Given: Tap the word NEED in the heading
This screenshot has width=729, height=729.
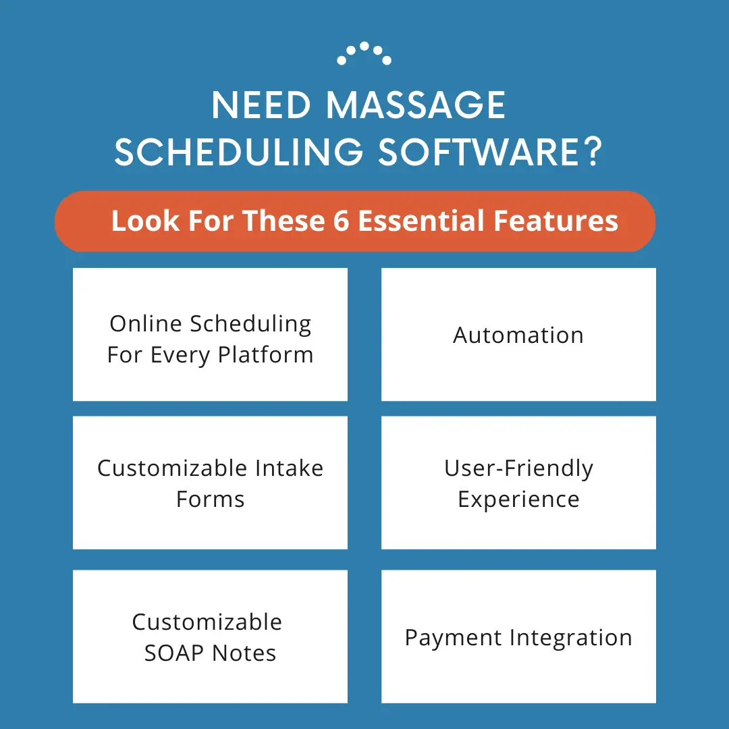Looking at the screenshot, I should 262,106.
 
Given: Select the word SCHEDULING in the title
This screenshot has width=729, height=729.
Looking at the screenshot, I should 240,153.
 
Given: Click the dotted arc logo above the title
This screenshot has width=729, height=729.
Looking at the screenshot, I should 364,54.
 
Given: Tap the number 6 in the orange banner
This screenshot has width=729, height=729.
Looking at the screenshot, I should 341,221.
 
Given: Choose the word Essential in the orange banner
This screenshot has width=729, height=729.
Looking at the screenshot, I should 421,221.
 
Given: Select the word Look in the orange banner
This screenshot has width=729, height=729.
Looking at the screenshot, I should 138,221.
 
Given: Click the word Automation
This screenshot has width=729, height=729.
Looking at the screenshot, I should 518,335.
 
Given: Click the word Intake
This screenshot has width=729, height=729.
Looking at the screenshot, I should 290,468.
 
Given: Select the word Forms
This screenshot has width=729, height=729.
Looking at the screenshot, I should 210,500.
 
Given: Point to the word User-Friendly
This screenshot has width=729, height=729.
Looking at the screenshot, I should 518,468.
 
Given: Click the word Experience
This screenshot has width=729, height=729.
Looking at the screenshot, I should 518,500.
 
